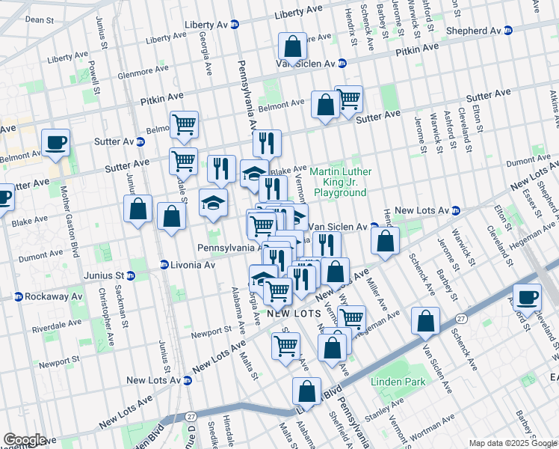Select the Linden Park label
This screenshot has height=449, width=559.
coord(398,382)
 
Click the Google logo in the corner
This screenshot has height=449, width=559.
coord(25,440)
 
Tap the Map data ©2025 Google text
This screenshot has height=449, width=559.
coord(513,443)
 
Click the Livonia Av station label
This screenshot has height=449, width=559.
coord(187,265)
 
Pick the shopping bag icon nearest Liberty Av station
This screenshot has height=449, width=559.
coord(293,46)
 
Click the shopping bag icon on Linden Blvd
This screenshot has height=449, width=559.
coord(307,391)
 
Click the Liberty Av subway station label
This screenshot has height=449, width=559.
coord(211,25)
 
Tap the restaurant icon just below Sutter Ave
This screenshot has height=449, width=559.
coord(221,169)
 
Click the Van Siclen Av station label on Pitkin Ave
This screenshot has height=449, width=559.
coord(310,64)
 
